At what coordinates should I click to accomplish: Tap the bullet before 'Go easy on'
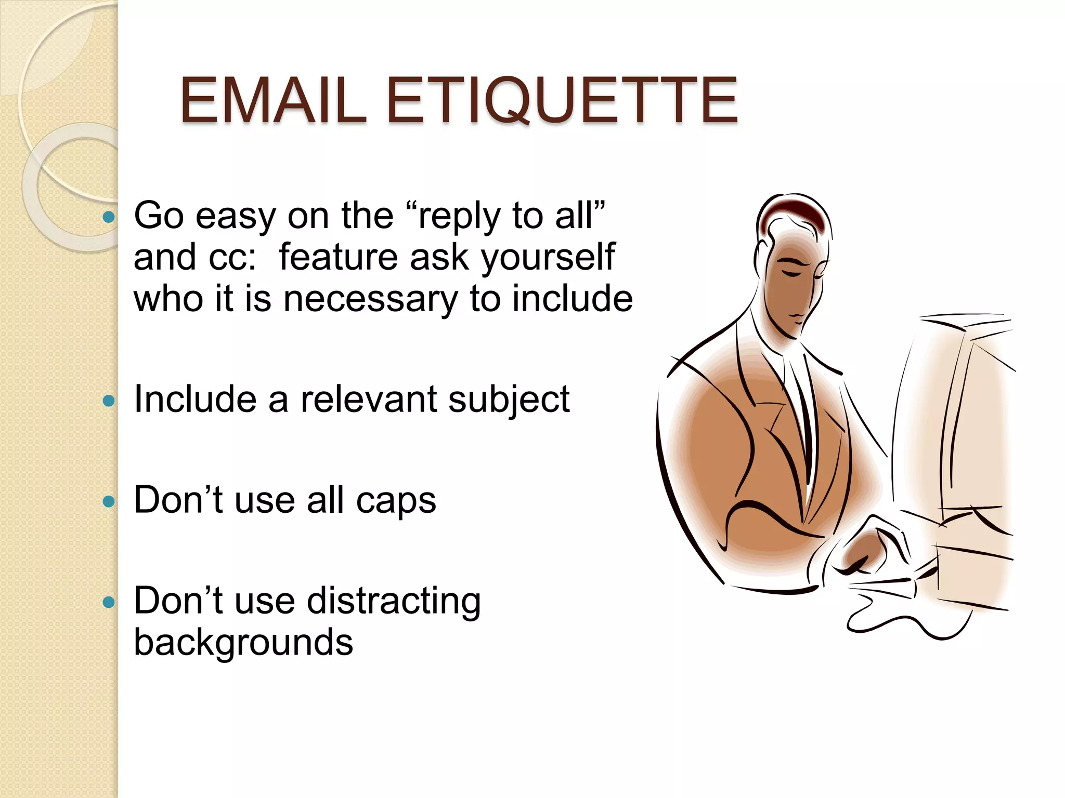point(109,217)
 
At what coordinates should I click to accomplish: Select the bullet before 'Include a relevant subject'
point(109,401)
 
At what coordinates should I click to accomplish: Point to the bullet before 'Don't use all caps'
point(109,501)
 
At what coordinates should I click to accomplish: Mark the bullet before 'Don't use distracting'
point(109,602)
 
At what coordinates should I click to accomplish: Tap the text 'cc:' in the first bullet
point(232,258)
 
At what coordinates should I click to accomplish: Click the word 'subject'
point(509,401)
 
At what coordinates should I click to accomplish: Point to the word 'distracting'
point(394,602)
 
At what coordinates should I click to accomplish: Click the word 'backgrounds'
point(243,643)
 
